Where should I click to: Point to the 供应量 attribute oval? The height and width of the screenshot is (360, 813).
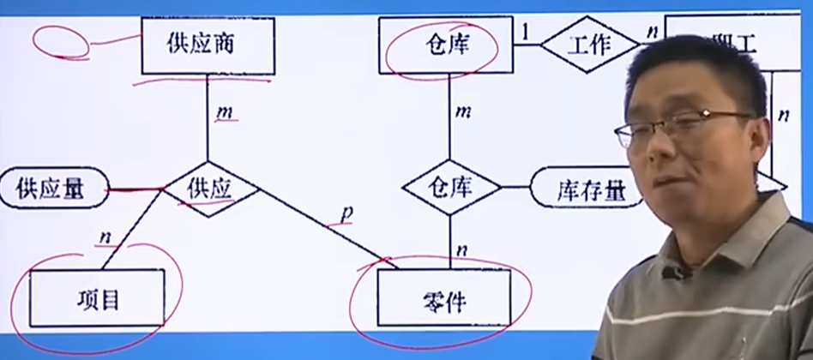pos(54,189)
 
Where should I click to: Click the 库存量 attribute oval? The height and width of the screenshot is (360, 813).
pos(587,189)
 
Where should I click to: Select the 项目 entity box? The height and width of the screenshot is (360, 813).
pos(96,298)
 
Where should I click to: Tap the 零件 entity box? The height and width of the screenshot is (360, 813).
pos(444,300)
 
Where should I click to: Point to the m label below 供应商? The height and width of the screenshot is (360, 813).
pos(226,113)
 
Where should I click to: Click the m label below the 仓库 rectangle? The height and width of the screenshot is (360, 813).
pos(463,111)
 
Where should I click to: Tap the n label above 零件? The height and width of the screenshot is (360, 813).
pos(462,249)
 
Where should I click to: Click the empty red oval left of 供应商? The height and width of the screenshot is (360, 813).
pos(60,39)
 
